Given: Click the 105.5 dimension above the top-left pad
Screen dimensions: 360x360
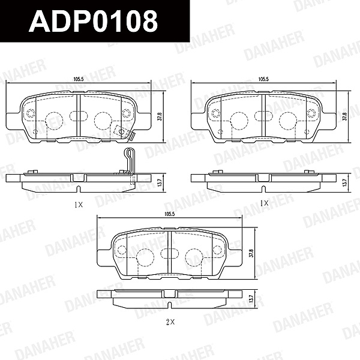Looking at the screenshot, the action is [78, 79].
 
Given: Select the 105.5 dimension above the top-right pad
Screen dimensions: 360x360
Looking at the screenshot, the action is [263, 79].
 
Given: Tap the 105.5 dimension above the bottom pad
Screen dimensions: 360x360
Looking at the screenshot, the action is [170, 214].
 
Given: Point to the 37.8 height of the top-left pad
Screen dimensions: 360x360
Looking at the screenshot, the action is [161, 116].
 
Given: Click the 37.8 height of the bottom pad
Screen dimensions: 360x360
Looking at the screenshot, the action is [251, 253].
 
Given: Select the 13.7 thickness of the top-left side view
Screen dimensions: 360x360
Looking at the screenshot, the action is [161, 182].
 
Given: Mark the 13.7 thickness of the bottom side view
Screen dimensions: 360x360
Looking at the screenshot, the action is [251, 298].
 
